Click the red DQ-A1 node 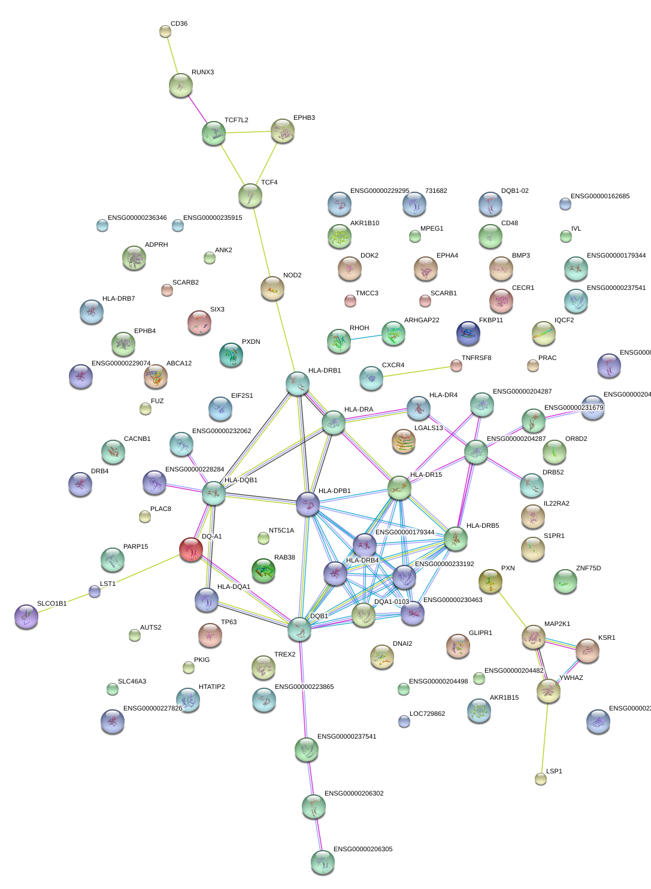[191, 549]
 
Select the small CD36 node [165, 31]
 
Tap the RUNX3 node [180, 85]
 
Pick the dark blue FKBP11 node [468, 333]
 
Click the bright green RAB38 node [264, 570]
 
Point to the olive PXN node [490, 581]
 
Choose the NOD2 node [272, 289]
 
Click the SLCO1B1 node [26, 616]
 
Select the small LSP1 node [541, 778]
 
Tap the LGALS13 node [404, 441]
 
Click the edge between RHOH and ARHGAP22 [365, 338]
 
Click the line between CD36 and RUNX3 [172, 57]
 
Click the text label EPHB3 [304, 118]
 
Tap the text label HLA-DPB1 [335, 491]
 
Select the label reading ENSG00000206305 [363, 849]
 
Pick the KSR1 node [587, 650]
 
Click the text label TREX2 [284, 655]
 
